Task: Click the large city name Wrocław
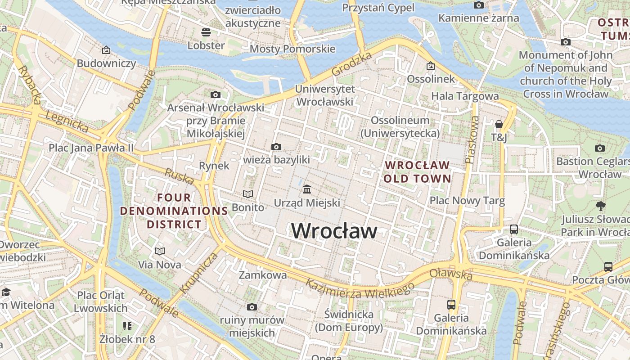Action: click(334, 231)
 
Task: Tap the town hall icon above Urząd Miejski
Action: click(307, 189)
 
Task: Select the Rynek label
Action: click(214, 166)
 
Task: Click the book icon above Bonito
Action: click(248, 194)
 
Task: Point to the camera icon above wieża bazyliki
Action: click(276, 147)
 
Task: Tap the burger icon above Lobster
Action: click(206, 32)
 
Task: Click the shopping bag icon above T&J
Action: click(499, 124)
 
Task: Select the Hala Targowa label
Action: click(465, 96)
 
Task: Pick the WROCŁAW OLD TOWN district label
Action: click(417, 172)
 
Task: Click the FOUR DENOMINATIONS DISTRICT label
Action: click(174, 211)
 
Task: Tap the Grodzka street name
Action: click(352, 63)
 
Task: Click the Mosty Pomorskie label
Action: click(292, 49)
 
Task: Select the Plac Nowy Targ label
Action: click(467, 200)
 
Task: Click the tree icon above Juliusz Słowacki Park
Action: click(600, 206)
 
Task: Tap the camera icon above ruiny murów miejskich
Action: click(252, 307)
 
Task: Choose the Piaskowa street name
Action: click(472, 139)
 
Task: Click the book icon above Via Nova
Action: click(160, 251)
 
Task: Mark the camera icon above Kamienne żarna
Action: click(479, 5)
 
